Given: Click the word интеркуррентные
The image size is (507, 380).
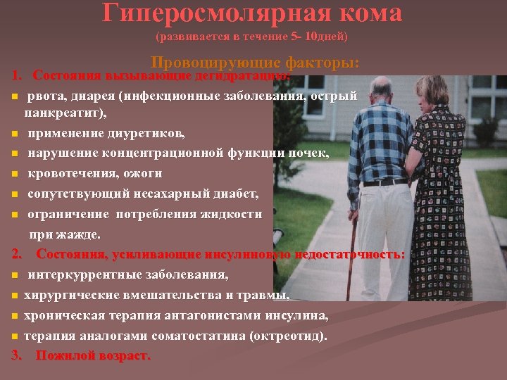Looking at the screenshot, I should click(91, 274).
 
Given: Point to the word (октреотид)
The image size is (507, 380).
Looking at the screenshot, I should click(292, 336).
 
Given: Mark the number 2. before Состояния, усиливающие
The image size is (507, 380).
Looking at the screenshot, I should click(18, 254).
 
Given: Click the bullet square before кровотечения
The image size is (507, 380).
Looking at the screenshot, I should click(15, 173).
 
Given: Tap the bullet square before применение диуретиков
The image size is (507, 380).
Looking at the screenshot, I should click(15, 133).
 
